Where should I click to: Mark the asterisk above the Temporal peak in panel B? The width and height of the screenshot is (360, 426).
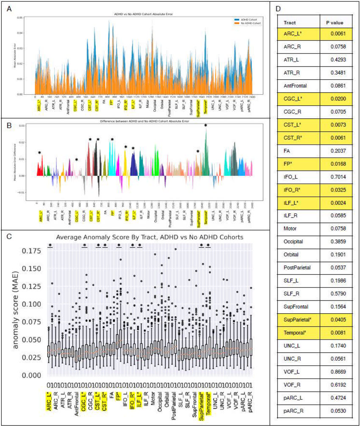206,125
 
